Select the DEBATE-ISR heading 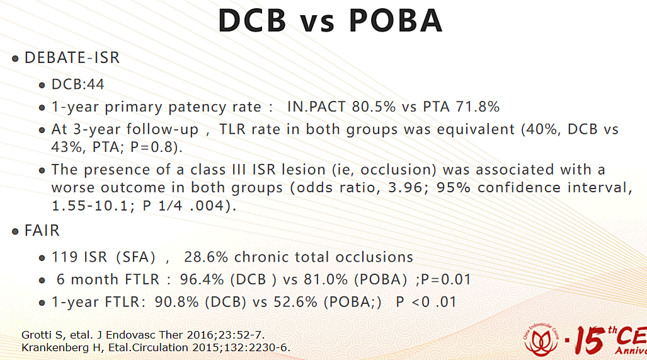click(72, 57)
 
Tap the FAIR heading click(42, 230)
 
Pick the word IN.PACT click(316, 107)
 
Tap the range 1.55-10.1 click(91, 206)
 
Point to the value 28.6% click(206, 257)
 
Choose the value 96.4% click(202, 279)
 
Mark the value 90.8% click(176, 302)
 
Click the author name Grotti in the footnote click(34, 334)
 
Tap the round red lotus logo click(541, 340)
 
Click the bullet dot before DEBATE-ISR click(15, 59)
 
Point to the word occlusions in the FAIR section click(374, 257)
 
